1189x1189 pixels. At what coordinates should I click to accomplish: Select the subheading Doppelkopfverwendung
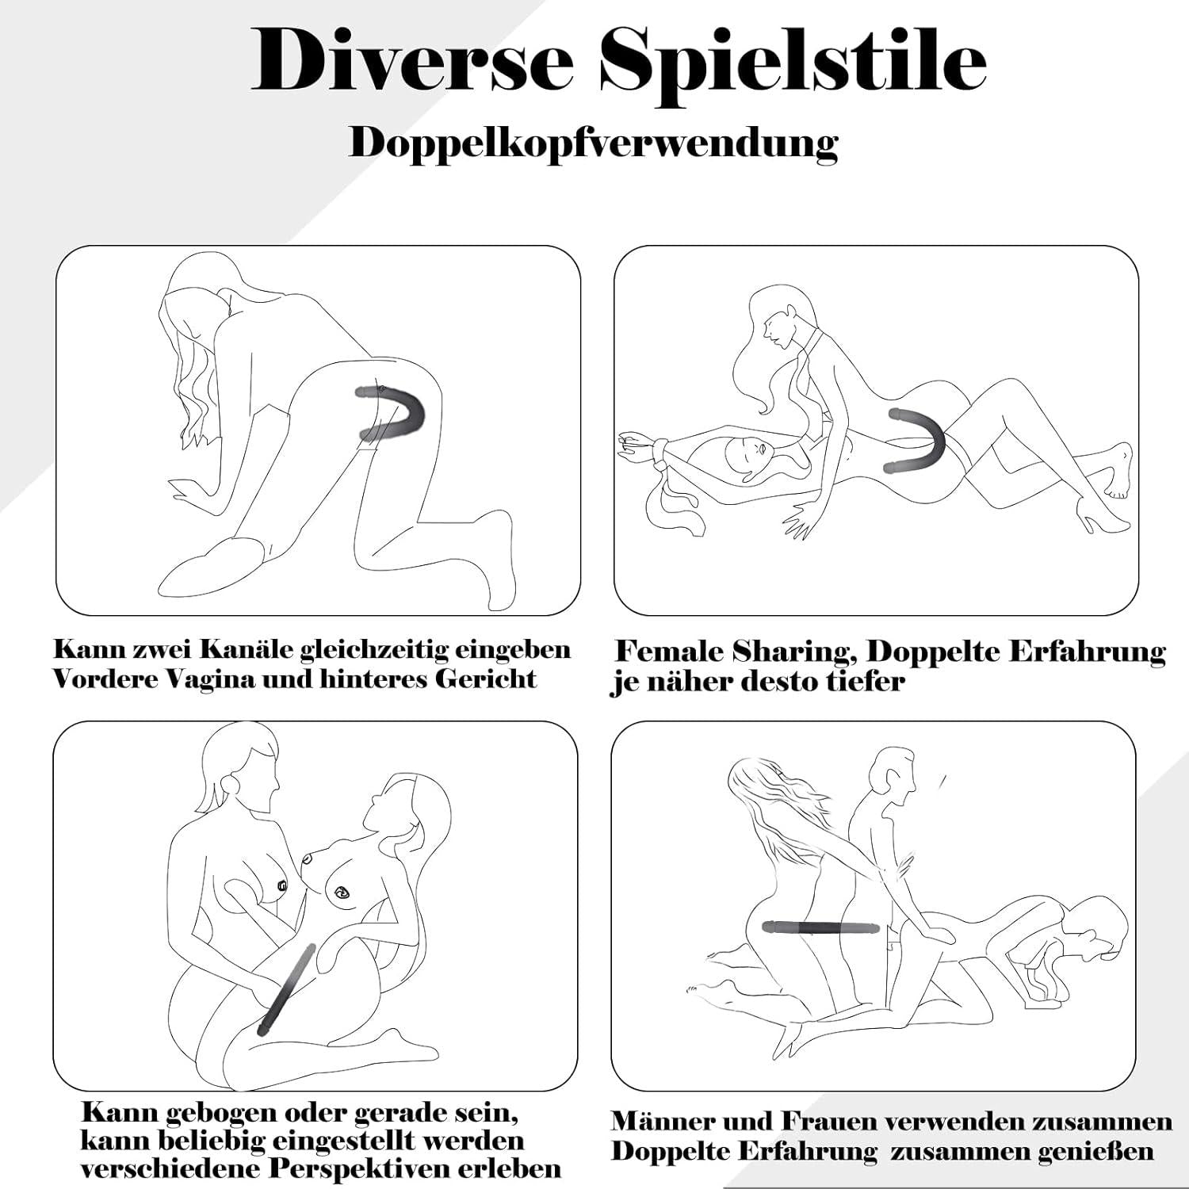pos(594,144)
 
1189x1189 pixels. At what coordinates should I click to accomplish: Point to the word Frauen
pos(830,1121)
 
